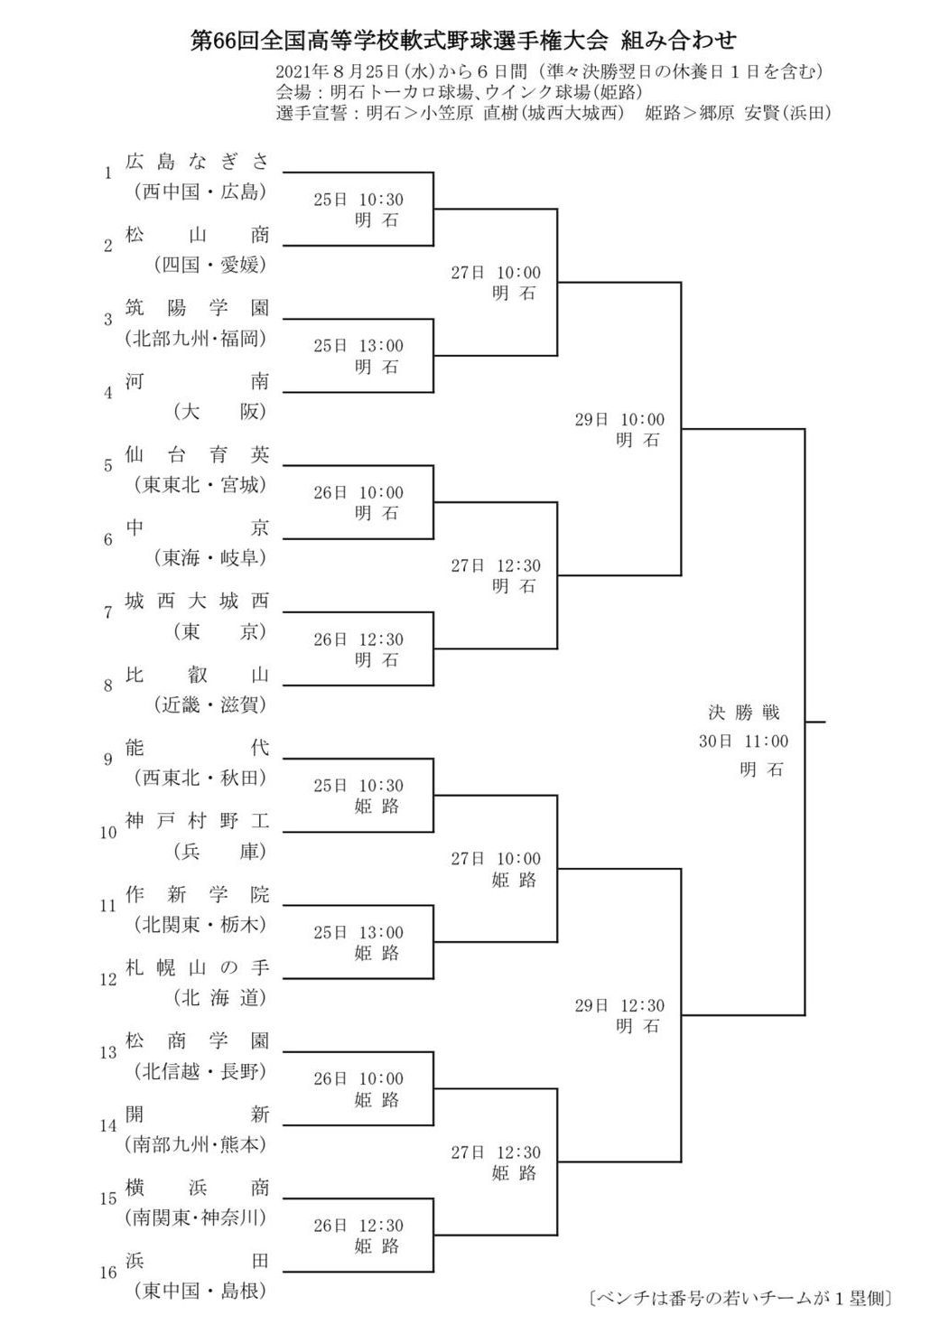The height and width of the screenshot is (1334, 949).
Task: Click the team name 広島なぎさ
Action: coord(197,162)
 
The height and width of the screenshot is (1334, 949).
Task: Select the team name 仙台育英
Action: coord(197,454)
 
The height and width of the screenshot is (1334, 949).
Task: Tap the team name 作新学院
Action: coord(197,894)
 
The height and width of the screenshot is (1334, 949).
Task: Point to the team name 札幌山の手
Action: coord(197,967)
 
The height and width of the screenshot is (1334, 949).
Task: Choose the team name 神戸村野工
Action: coord(197,821)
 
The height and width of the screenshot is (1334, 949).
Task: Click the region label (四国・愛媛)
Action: coord(210,265)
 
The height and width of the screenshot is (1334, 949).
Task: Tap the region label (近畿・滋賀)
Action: coord(210,704)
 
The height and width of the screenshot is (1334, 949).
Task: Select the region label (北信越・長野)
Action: coord(200,1071)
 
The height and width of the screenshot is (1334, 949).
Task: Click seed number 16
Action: coord(107,1273)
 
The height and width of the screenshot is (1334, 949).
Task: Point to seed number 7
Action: coord(107,612)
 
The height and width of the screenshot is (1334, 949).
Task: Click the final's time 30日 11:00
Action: coord(743,741)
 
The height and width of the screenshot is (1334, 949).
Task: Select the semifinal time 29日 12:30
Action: coord(619,1005)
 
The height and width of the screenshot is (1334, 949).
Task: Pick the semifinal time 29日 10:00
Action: coord(619,419)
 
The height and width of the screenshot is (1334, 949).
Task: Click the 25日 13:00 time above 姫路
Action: coord(358,932)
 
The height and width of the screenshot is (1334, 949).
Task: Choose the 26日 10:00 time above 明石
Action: coord(358,492)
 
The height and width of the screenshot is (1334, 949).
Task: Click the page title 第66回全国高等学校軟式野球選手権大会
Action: coord(399,41)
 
